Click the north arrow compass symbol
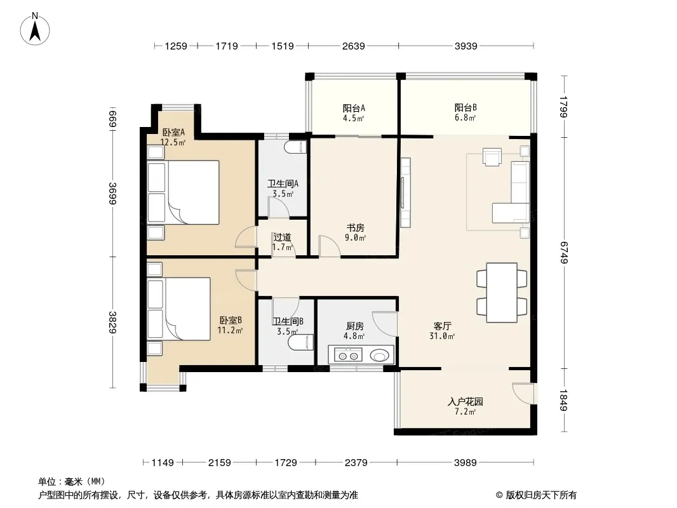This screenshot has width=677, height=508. pyautogui.click(x=35, y=29)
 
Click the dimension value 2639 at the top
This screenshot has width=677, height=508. pyautogui.click(x=354, y=46)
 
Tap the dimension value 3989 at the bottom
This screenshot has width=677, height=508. pyautogui.click(x=466, y=463)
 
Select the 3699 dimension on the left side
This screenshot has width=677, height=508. pyautogui.click(x=112, y=194)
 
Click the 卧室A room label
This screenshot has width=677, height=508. pyautogui.click(x=173, y=132)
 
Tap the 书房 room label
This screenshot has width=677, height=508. pyautogui.click(x=356, y=228)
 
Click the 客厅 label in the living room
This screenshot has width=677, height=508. pyautogui.click(x=443, y=326)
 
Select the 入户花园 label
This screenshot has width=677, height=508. pyautogui.click(x=465, y=402)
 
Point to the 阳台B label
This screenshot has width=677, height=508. pyautogui.click(x=466, y=107)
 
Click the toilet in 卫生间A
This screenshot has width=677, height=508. pyautogui.click(x=295, y=147)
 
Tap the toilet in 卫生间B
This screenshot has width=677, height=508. pyautogui.click(x=300, y=342)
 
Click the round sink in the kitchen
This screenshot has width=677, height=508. pyautogui.click(x=379, y=356)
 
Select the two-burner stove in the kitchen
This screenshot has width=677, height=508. pyautogui.click(x=349, y=356)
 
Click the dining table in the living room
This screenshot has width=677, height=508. pyautogui.click(x=502, y=293)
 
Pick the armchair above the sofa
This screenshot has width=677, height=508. pyautogui.click(x=492, y=157)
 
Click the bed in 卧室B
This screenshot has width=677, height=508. pyautogui.click(x=179, y=309)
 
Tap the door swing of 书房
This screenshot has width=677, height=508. pyautogui.click(x=330, y=246)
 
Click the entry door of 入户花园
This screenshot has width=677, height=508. pyautogui.click(x=523, y=393)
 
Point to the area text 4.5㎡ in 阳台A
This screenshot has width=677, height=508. pyautogui.click(x=354, y=118)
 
